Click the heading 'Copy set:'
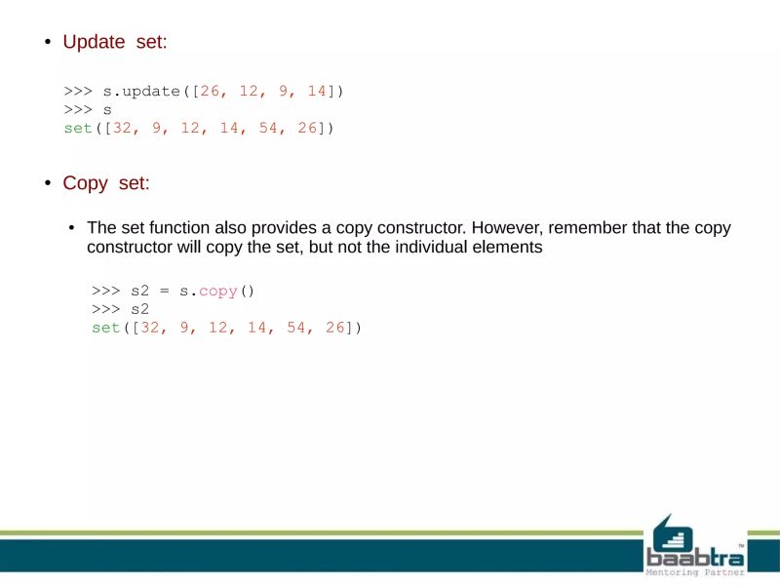tap(105, 183)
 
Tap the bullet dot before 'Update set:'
tap(46, 43)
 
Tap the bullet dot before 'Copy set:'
tap(46, 184)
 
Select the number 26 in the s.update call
tap(210, 92)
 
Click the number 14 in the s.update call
tap(316, 92)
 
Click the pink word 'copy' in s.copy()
tap(217, 292)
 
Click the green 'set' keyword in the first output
tap(78, 129)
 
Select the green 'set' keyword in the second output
tap(106, 329)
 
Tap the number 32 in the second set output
tap(150, 329)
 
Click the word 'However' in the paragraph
tap(508, 228)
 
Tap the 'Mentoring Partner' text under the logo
tap(695, 572)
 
